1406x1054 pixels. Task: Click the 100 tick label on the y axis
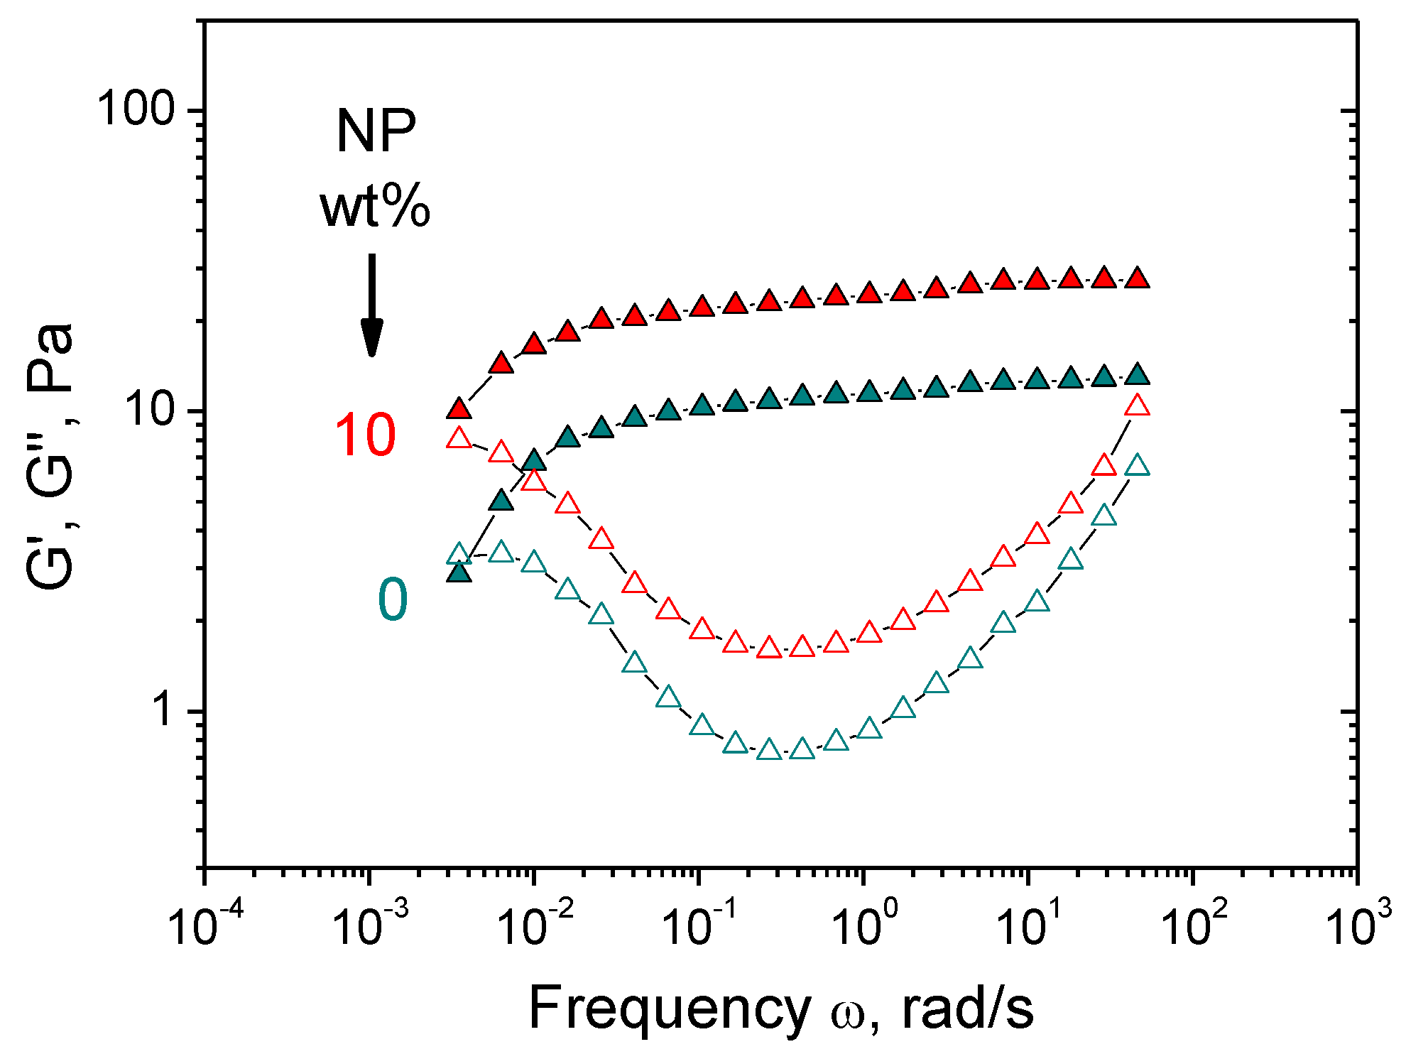(x=136, y=110)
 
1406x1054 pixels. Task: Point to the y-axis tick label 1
(x=164, y=710)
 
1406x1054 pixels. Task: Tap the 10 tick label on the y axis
(x=150, y=410)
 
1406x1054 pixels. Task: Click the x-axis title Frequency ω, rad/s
(x=780, y=1009)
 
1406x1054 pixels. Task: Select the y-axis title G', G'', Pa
(x=50, y=455)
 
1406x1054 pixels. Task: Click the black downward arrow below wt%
(x=371, y=305)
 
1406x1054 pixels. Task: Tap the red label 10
(x=364, y=435)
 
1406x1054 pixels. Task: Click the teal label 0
(x=392, y=599)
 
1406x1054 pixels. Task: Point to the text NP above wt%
(x=376, y=131)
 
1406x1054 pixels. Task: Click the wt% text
(x=374, y=207)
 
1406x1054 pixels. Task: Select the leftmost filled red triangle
(x=459, y=409)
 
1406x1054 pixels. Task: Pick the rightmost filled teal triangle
(x=1138, y=374)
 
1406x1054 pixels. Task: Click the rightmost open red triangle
(x=1138, y=406)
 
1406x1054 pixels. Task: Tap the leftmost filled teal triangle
(x=459, y=572)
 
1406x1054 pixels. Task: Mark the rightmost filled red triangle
(x=1138, y=278)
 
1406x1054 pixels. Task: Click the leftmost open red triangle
(x=459, y=438)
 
